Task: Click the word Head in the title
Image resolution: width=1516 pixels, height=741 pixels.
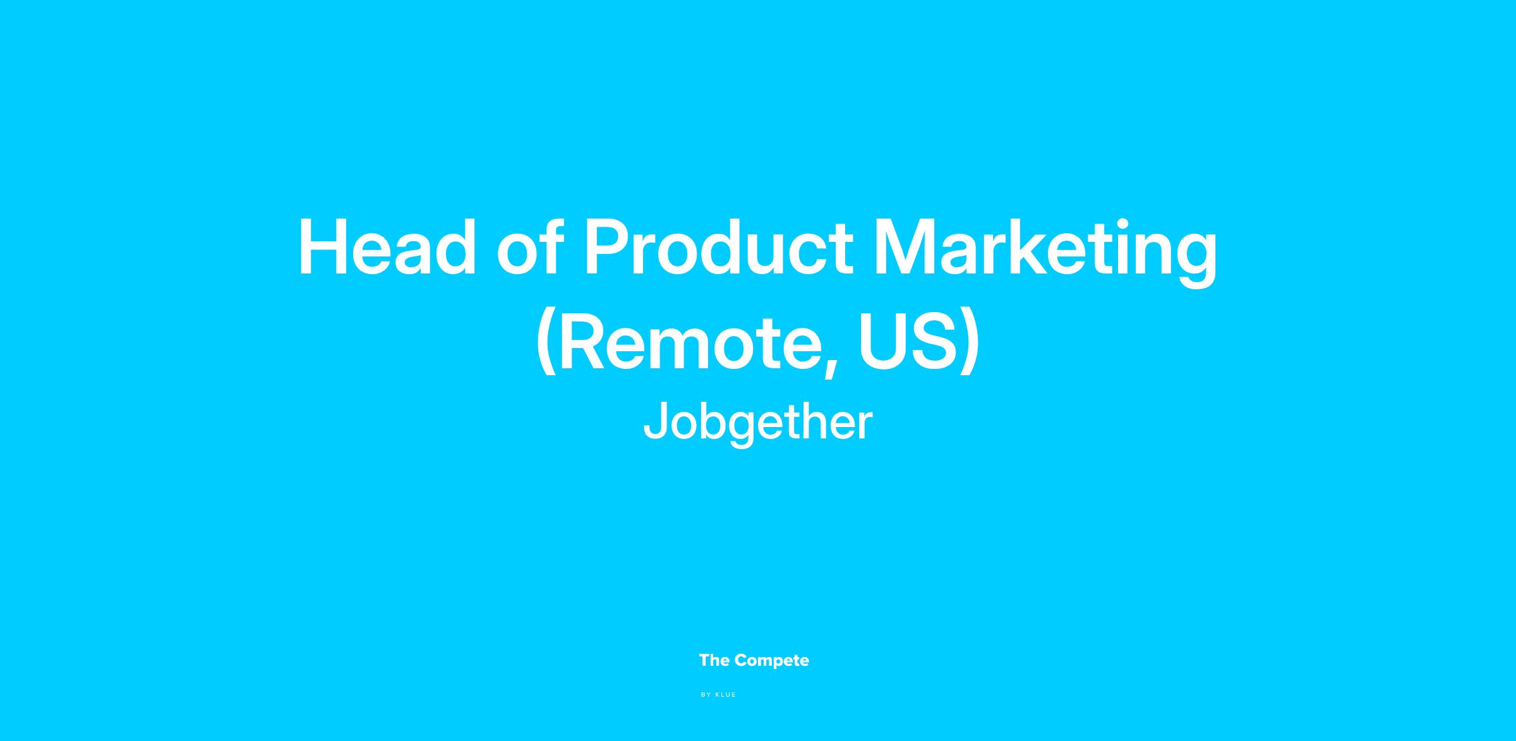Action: coord(387,248)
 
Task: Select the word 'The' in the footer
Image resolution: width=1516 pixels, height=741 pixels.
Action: coord(714,661)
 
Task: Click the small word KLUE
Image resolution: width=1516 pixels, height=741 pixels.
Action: coord(726,695)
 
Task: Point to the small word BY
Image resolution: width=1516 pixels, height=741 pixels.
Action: coord(706,695)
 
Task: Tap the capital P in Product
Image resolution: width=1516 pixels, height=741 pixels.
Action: coord(608,248)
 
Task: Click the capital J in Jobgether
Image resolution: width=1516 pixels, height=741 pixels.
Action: coord(655,420)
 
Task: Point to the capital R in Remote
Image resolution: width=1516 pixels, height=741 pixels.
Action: coord(584,342)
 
